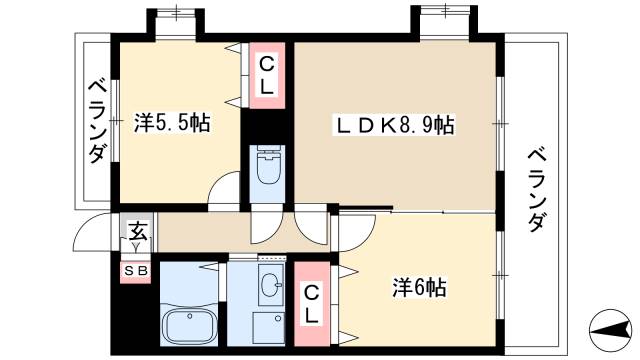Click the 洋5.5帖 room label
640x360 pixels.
(172, 125)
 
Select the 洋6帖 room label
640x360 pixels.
(418, 289)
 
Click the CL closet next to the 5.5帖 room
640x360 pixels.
(266, 76)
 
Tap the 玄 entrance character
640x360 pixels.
(137, 233)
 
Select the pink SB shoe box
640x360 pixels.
(135, 270)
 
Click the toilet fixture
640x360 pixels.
(269, 168)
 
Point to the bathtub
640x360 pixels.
(189, 326)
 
